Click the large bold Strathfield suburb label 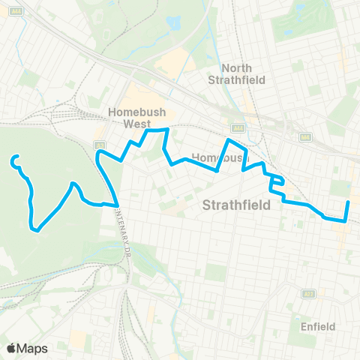235,204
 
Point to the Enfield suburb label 317,326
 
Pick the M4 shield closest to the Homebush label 239,127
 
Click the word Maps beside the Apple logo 34,348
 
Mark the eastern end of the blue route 349,202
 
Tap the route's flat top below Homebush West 156,130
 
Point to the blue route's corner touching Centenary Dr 117,203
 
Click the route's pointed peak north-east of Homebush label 229,139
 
